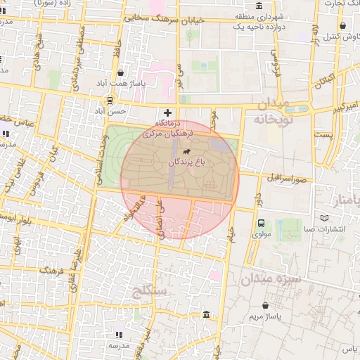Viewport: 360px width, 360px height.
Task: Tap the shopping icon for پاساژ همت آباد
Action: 121,72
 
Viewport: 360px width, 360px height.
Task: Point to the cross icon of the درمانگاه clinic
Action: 167,112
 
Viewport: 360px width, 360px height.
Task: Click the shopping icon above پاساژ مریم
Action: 265,306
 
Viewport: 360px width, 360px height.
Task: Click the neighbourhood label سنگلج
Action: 150,289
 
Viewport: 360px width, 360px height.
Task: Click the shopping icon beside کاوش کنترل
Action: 352,35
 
